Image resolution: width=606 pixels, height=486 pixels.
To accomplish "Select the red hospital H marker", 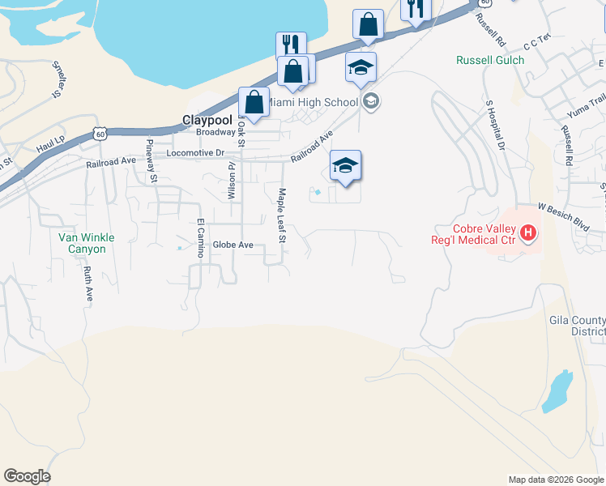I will tap(528, 235).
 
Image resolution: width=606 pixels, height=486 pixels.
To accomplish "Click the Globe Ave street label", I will tap(233, 245).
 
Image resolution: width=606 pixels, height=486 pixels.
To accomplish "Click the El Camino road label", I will tap(198, 237).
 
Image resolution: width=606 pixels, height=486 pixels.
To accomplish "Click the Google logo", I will tap(27, 476).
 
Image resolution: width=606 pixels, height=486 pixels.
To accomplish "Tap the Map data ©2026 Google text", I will tap(555, 480).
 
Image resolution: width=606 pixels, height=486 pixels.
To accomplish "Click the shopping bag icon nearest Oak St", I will tap(254, 103).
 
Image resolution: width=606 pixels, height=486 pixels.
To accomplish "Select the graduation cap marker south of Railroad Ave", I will tap(345, 167).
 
